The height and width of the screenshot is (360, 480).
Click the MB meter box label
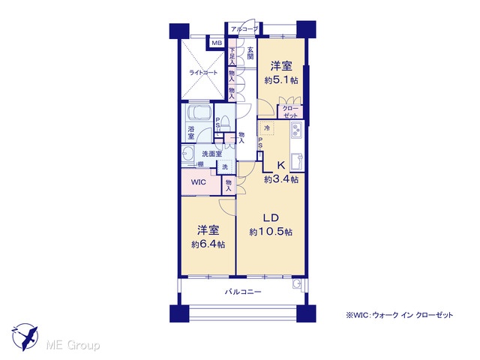pyautogui.click(x=217, y=43)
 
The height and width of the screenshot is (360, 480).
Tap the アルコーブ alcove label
pyautogui.click(x=244, y=29)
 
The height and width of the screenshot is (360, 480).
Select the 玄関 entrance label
pyautogui.click(x=250, y=53)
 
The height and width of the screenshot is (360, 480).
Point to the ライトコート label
pyautogui.click(x=203, y=73)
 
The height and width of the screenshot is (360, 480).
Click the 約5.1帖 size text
pyautogui.click(x=281, y=80)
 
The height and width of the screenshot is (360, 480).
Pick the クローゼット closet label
pyautogui.click(x=290, y=112)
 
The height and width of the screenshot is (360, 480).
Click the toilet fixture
pyautogui.click(x=226, y=123)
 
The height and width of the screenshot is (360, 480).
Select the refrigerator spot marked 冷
pyautogui.click(x=267, y=128)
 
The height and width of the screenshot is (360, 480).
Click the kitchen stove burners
pyautogui.click(x=296, y=130)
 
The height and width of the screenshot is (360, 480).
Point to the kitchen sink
pyautogui.click(x=297, y=162)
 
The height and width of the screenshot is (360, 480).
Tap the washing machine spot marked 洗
pyautogui.click(x=225, y=167)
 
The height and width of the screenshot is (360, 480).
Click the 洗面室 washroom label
pyautogui.click(x=211, y=154)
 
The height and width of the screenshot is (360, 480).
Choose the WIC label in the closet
pyautogui.click(x=198, y=182)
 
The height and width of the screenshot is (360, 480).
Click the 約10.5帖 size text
pyautogui.click(x=271, y=232)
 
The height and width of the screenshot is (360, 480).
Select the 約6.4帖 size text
pyautogui.click(x=208, y=244)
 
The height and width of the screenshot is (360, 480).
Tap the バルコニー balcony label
pyautogui.click(x=243, y=292)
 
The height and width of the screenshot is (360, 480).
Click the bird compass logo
pyautogui.click(x=25, y=337)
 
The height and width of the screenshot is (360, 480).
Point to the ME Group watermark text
pyautogui.click(x=73, y=345)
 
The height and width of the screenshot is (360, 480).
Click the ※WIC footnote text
pyautogui.click(x=399, y=315)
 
